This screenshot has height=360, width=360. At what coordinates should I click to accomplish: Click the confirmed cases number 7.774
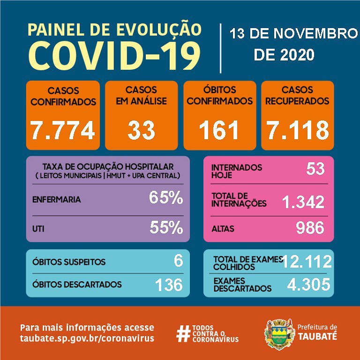pyautogui.click(x=63, y=131)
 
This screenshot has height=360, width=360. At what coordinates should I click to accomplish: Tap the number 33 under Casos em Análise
pyautogui.click(x=141, y=131)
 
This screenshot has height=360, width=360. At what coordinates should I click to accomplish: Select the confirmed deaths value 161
pyautogui.click(x=219, y=131)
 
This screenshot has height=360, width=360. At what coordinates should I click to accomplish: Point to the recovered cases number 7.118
pyautogui.click(x=297, y=131)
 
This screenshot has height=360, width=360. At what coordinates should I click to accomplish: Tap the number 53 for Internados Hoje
pyautogui.click(x=315, y=168)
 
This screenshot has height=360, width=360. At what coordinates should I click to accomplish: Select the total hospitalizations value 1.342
pyautogui.click(x=303, y=202)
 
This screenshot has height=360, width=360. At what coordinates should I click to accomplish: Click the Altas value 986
pyautogui.click(x=310, y=228)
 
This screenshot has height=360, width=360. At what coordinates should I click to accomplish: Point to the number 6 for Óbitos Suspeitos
pyautogui.click(x=178, y=261)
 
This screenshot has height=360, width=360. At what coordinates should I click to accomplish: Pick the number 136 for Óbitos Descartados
pyautogui.click(x=169, y=284)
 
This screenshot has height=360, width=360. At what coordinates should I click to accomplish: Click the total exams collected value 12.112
pyautogui.click(x=307, y=262)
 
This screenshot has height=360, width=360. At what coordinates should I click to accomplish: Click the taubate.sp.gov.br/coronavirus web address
pyautogui.click(x=87, y=338)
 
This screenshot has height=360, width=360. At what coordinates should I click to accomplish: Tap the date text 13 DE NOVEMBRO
pyautogui.click(x=293, y=34)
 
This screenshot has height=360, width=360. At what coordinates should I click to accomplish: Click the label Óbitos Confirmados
pyautogui.click(x=219, y=96)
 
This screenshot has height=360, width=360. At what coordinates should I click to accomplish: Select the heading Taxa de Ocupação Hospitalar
pyautogui.click(x=108, y=167)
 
